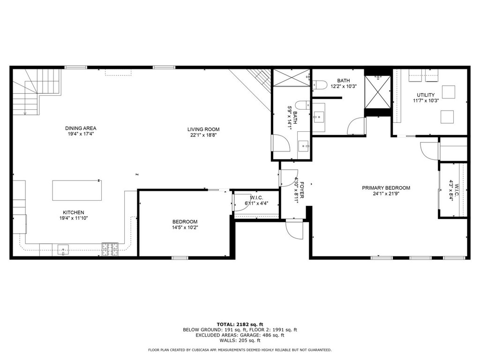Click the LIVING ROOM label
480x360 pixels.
(x=203, y=129)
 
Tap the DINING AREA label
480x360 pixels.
(x=81, y=128)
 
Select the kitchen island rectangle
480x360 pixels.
(x=77, y=190)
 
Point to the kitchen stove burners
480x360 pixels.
(x=110, y=249)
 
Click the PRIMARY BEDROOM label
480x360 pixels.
(x=386, y=188)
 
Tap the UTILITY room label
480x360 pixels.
(x=426, y=95)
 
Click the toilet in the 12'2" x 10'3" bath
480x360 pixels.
(x=319, y=84)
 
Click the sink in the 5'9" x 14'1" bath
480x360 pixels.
(x=304, y=145)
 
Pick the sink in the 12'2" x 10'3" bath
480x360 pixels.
(x=318, y=116)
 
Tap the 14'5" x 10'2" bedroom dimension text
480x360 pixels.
(x=185, y=227)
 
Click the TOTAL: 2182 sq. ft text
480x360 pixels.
(x=240, y=324)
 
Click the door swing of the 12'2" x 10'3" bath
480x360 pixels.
(x=357, y=126)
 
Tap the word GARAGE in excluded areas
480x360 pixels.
(x=249, y=335)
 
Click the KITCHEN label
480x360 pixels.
(x=74, y=212)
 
